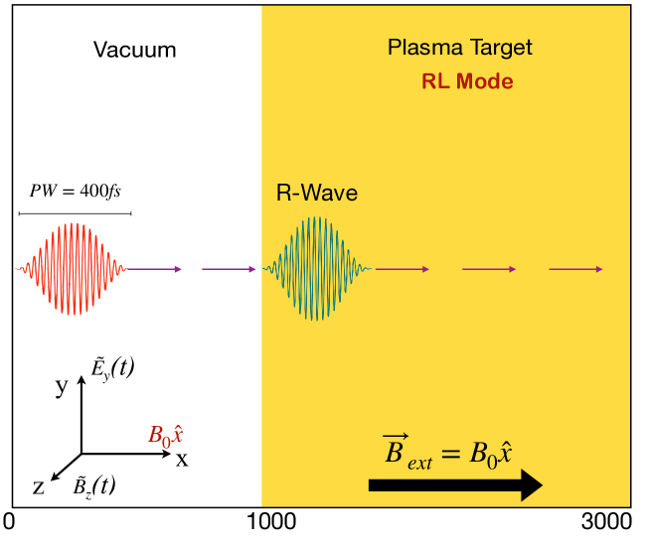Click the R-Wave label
(316, 194)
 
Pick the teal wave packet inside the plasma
(316, 268)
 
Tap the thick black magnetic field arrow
(454, 484)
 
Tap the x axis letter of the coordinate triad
(182, 459)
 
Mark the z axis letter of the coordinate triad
(38, 486)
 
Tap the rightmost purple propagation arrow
(576, 268)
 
